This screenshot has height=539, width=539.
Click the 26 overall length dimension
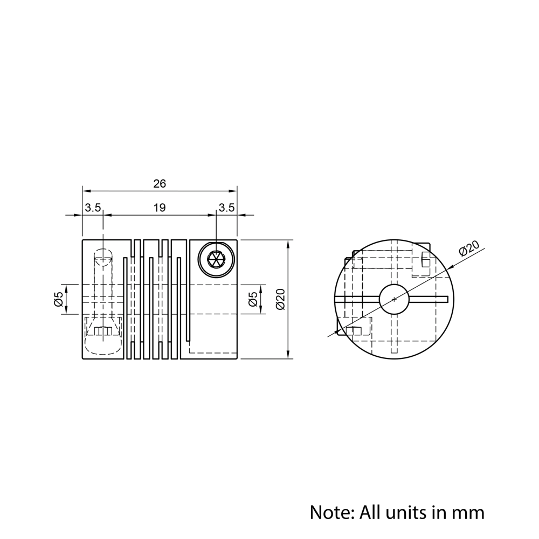click(x=160, y=184)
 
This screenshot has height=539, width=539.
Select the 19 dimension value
click(x=160, y=208)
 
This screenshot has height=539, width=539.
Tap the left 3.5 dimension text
click(x=93, y=208)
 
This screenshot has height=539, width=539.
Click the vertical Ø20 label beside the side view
click(x=280, y=299)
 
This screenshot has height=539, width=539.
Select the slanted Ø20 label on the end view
click(x=469, y=248)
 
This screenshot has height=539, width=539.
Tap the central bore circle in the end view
click(x=394, y=299)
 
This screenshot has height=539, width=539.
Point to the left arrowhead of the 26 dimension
click(x=86, y=191)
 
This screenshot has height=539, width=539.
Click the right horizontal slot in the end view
click(x=429, y=299)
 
